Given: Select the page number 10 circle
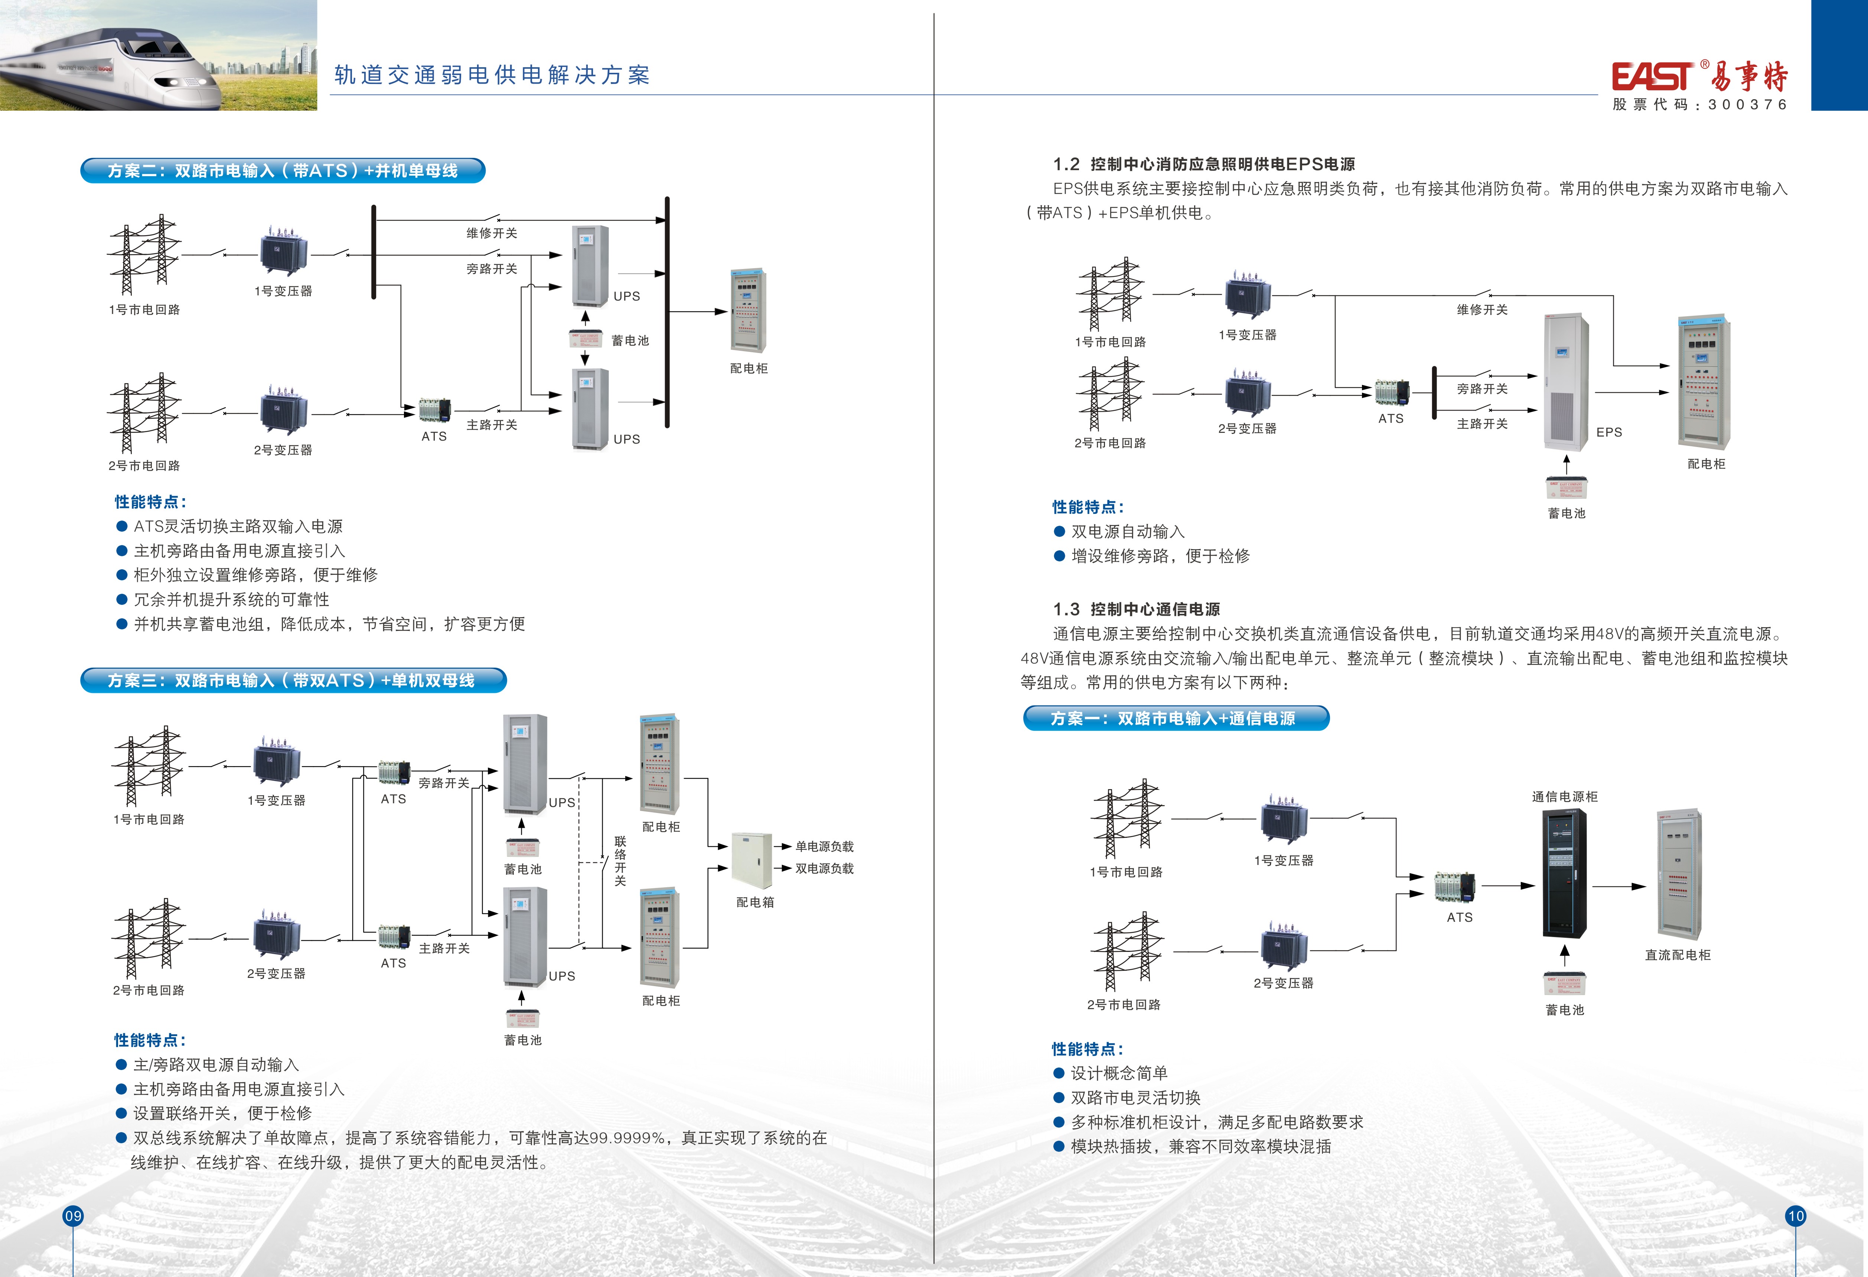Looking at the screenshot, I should pyautogui.click(x=1796, y=1216).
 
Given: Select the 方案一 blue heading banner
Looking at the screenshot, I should pyautogui.click(x=1175, y=718).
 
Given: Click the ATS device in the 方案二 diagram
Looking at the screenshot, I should pyautogui.click(x=435, y=410).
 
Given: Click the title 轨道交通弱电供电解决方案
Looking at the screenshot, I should pyautogui.click(x=492, y=75).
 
